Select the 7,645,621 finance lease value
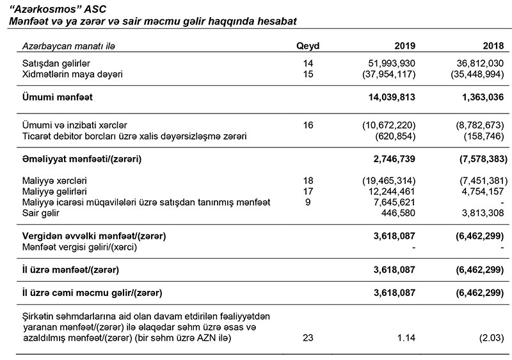click(x=391, y=202)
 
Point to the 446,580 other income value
click(x=396, y=213)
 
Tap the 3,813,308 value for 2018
click(x=479, y=213)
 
